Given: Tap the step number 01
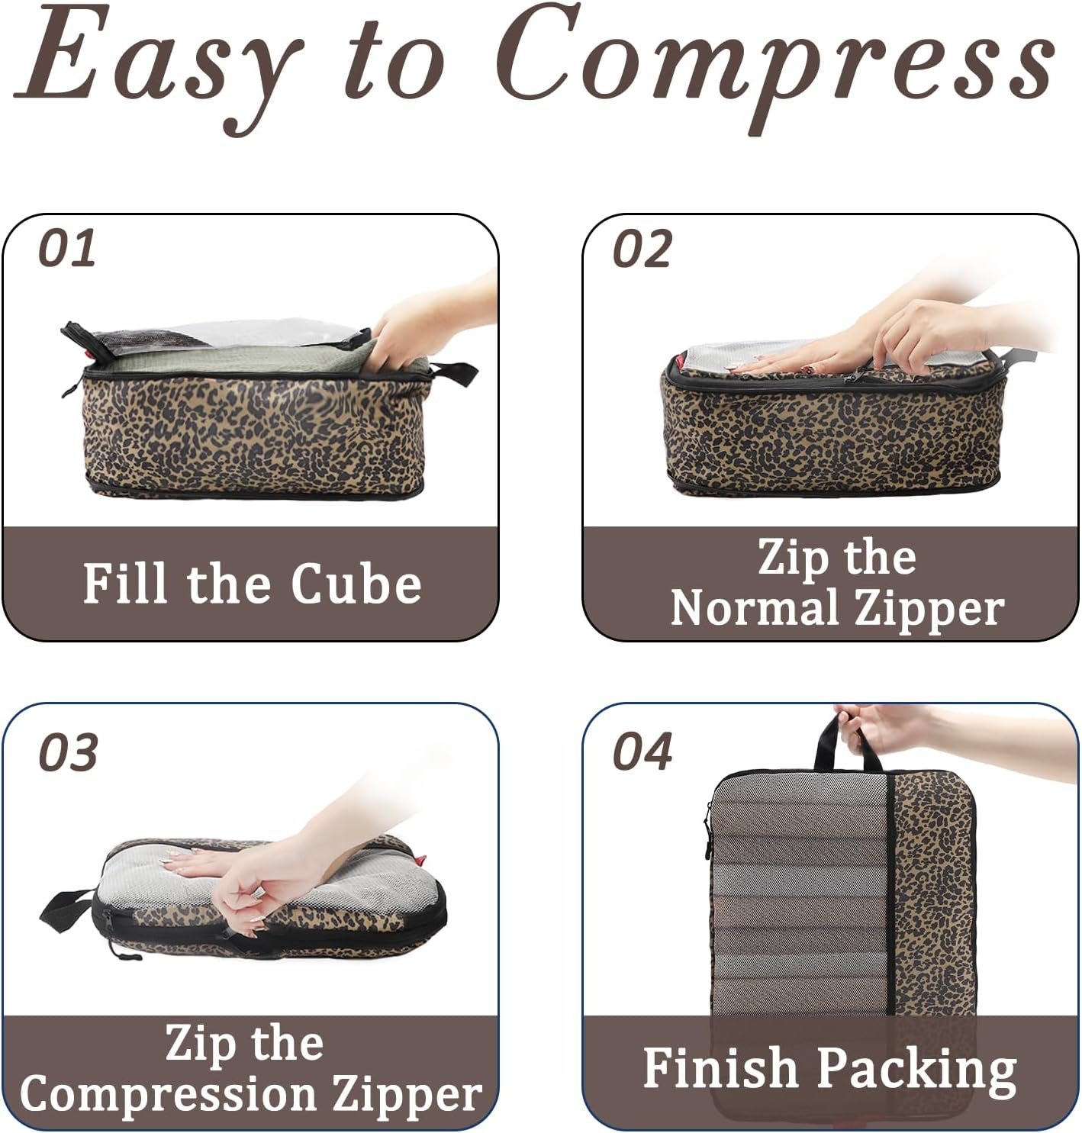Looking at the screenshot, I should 67,249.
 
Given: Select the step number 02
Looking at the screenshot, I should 642,249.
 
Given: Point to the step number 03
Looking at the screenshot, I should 68,753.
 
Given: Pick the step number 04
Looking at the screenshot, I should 642,752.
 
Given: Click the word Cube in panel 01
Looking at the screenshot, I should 356,584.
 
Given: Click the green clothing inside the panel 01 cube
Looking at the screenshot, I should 229,359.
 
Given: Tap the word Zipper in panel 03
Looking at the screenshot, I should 407,1096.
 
